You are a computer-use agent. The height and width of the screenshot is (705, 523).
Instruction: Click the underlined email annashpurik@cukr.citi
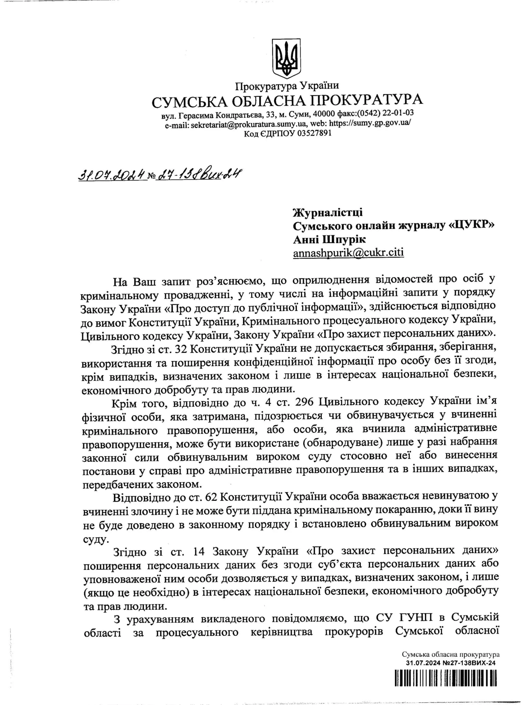(x=348, y=253)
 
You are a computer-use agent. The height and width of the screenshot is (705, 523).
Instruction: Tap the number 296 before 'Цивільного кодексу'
(x=303, y=401)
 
